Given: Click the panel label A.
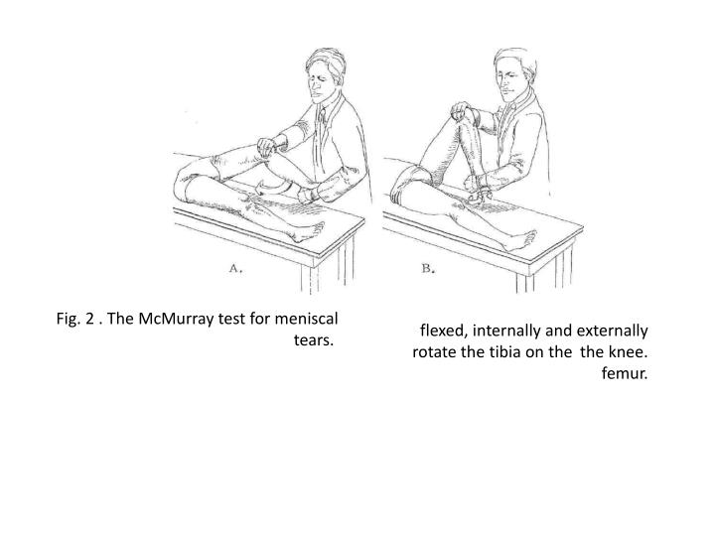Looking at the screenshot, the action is [x=235, y=268].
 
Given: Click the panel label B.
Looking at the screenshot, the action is [x=428, y=268].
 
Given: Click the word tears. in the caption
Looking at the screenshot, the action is [x=314, y=340].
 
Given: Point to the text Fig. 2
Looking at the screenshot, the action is [x=75, y=319].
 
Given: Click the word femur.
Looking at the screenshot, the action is [x=625, y=373].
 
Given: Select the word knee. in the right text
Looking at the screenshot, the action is [x=629, y=351].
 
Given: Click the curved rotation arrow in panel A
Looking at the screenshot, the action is [x=272, y=187].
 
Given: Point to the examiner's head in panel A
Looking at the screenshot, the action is [x=325, y=75].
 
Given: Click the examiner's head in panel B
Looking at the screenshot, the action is [x=514, y=75].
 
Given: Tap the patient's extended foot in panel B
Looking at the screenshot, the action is [x=519, y=240].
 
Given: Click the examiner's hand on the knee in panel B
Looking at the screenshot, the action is [x=464, y=111].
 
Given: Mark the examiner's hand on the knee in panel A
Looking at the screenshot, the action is [x=268, y=147].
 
